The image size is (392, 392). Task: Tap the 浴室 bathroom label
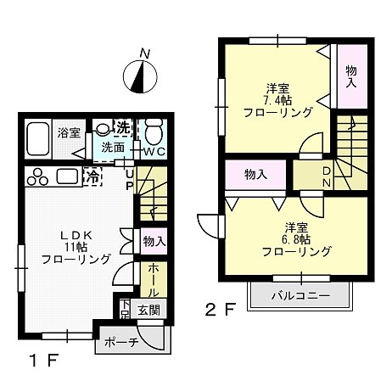click(69, 133)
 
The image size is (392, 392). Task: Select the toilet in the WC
click(154, 132)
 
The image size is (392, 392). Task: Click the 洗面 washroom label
click(114, 148)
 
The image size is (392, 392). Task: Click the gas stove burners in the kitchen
click(38, 177)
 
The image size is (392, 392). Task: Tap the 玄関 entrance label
click(148, 310)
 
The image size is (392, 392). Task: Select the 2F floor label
click(217, 310)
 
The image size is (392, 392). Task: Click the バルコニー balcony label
click(300, 296)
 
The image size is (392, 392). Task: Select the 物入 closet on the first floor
click(154, 242)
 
